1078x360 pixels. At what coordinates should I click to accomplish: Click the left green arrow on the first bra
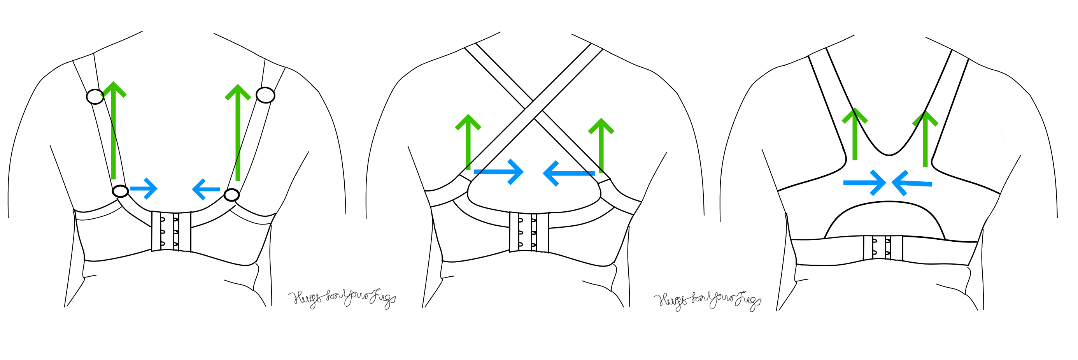114,130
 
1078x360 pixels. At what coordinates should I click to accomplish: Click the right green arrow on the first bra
238,132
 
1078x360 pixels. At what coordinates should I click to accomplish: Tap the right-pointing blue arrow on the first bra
144,188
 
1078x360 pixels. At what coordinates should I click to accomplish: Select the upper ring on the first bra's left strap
95,97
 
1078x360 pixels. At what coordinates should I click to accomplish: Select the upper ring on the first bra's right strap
265,95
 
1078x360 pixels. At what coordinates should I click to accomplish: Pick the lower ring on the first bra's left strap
121,191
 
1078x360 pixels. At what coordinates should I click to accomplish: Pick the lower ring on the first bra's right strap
231,195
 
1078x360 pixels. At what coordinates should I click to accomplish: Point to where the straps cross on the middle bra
534,110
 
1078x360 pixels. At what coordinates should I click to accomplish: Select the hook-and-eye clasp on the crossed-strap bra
529,232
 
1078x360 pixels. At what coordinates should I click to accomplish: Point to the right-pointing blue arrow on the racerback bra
864,183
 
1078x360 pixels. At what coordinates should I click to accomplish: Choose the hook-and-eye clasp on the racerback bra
883,248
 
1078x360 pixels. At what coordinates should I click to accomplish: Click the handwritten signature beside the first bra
342,298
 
